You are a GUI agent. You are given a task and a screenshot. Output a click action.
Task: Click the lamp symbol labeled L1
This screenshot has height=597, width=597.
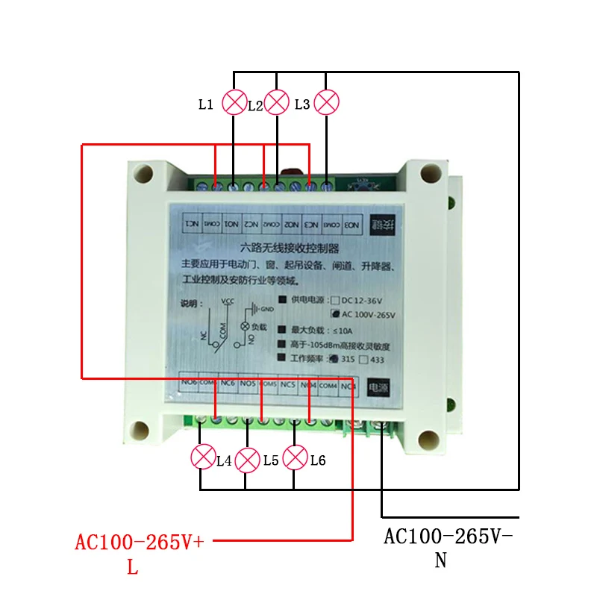[x=236, y=101]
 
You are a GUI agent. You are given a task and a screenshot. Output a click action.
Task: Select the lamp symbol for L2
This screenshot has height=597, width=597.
[x=277, y=101]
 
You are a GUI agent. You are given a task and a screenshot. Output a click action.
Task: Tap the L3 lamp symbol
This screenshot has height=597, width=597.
[x=327, y=101]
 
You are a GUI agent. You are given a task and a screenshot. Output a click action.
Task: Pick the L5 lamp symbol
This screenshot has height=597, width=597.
[x=247, y=460]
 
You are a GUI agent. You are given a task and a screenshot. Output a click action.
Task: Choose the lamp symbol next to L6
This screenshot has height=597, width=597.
[x=296, y=457]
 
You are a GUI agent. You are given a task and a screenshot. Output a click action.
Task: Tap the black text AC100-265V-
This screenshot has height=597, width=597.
[x=450, y=537]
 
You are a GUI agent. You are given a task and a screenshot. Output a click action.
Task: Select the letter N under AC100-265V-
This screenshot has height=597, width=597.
[x=440, y=560]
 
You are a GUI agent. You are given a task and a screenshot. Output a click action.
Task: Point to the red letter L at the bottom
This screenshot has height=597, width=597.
[x=132, y=567]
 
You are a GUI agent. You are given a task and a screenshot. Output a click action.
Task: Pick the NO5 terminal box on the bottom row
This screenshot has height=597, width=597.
[x=249, y=384]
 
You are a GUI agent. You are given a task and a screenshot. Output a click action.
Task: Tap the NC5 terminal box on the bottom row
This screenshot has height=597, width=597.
[x=288, y=384]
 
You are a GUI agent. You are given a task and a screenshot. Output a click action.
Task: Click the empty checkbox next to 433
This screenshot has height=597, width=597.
[x=363, y=359]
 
